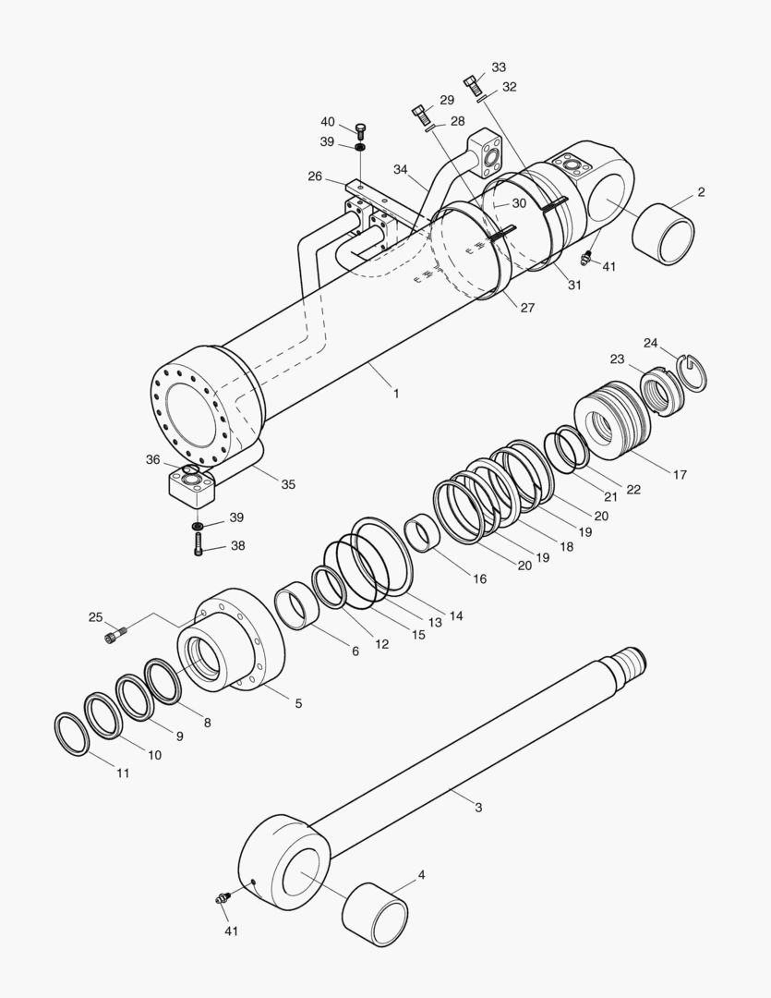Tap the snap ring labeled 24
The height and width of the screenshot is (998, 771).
(693, 371)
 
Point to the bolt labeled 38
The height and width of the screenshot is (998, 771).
(200, 546)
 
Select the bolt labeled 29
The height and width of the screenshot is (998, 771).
(420, 115)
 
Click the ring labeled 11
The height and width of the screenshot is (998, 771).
(72, 734)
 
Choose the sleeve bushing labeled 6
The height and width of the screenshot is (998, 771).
(298, 605)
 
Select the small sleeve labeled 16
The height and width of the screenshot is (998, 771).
(422, 534)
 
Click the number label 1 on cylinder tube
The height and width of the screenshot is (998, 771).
(396, 393)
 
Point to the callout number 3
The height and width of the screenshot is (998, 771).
(478, 808)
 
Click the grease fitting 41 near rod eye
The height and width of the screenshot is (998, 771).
(223, 897)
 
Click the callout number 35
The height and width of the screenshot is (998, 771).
(288, 484)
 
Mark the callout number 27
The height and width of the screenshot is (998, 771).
(526, 308)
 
